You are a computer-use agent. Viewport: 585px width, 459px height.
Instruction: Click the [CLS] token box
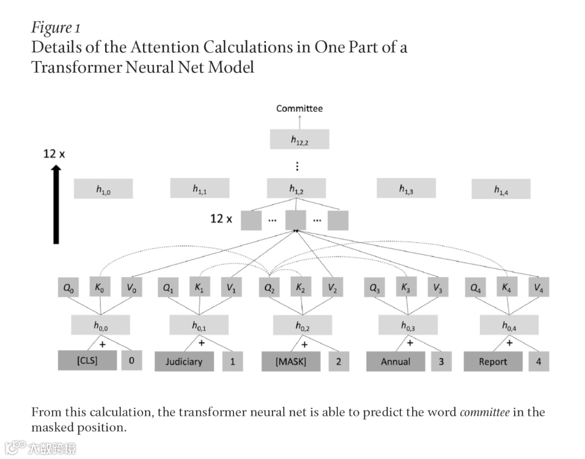pos(87,361)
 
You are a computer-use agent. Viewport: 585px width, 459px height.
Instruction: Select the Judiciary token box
pos(184,361)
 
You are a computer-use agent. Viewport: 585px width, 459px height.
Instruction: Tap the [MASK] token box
pos(291,361)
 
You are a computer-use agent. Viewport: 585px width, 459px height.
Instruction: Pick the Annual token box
pos(395,361)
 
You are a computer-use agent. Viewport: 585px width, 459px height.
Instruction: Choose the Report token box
pos(493,361)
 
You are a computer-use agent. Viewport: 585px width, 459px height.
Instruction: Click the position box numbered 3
pos(441,361)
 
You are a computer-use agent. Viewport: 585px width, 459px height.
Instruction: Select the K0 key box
pos(100,288)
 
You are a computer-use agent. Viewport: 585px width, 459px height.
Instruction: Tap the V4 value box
pos(538,288)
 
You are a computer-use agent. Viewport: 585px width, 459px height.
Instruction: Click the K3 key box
pos(406,288)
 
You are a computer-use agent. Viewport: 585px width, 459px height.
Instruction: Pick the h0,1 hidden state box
pos(199,325)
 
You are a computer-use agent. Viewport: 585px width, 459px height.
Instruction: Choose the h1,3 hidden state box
pos(406,189)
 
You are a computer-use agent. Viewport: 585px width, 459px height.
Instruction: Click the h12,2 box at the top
pos(300,139)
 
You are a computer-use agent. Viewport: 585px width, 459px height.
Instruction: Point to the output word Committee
pos(299,108)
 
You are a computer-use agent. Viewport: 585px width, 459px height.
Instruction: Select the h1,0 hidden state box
pos(103,189)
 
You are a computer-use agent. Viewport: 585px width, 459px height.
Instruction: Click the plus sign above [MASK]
pos(304,344)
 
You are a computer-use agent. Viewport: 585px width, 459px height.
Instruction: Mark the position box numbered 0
pos(132,361)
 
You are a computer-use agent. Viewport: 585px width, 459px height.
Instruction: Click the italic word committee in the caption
pos(484,412)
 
